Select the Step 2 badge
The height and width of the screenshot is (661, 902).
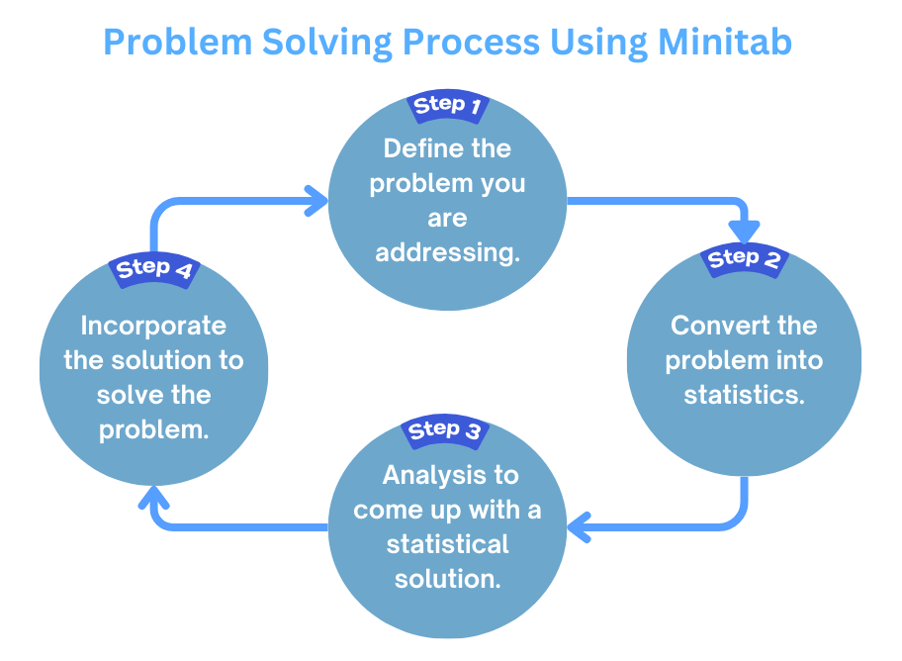pos(745,259)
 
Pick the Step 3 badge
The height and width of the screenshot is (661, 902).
pos(445,431)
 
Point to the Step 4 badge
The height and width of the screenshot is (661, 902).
pos(153,269)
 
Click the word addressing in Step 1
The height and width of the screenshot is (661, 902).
pos(447,252)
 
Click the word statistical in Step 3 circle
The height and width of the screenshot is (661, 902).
pos(447,544)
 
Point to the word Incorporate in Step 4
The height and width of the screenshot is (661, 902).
pos(153,326)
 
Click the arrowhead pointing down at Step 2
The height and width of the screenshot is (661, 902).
pos(744,230)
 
